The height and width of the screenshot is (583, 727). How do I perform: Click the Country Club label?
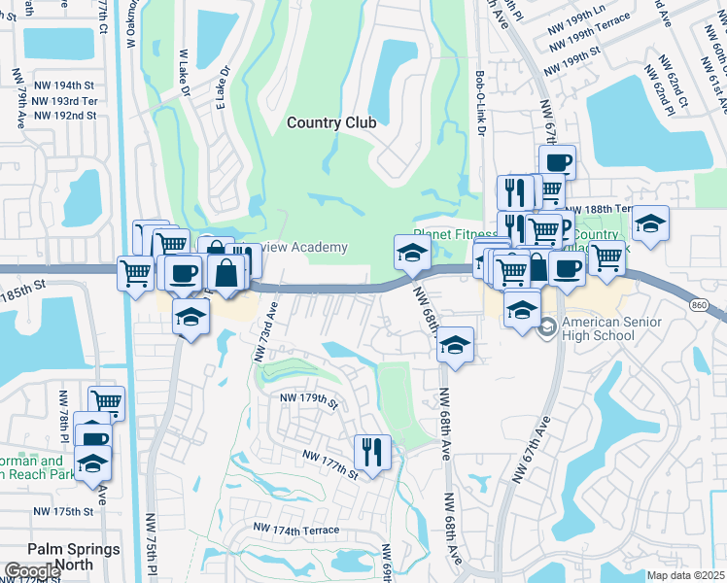click(331, 122)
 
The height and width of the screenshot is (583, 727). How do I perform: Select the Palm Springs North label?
click(74, 556)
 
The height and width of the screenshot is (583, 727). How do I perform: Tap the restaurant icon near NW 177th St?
click(372, 452)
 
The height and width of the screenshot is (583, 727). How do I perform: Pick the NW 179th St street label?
click(307, 399)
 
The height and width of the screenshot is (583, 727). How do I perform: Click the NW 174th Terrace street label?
click(295, 530)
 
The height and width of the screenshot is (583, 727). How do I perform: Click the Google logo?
click(32, 570)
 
